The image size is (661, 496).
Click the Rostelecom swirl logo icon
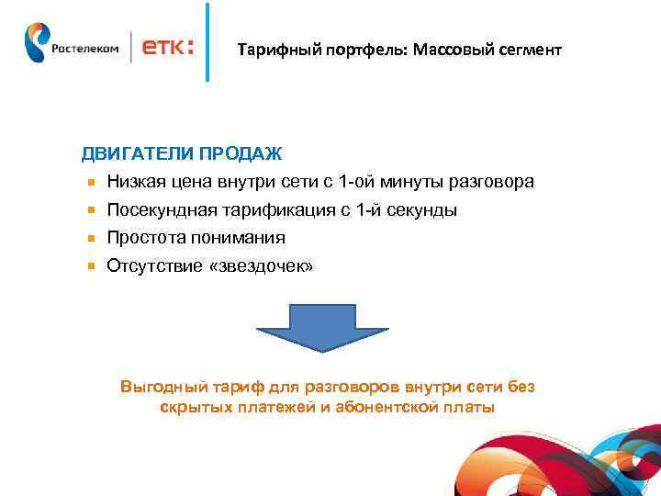[37, 43]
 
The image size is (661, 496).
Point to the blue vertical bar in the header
[207, 42]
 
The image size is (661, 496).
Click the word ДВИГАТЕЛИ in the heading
[128, 153]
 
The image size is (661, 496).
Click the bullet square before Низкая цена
[92, 183]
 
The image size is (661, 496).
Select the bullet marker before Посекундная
[92, 210]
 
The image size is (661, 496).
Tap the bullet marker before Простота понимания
[92, 238]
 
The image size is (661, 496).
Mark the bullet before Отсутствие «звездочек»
[92, 266]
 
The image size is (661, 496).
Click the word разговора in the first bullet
[495, 183]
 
